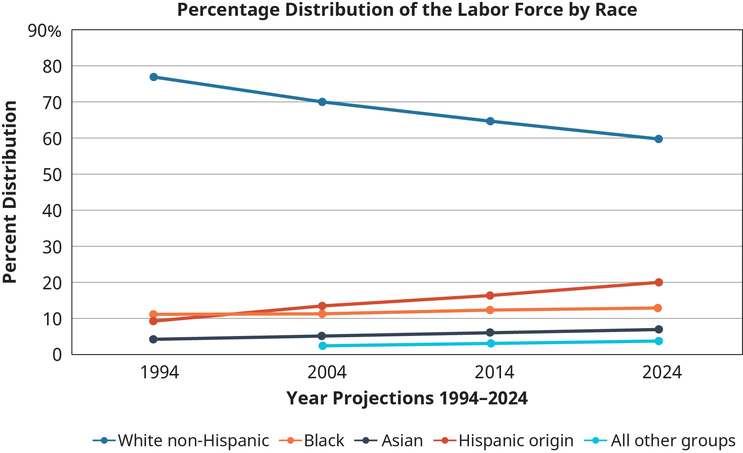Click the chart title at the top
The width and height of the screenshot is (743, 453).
[x=407, y=9]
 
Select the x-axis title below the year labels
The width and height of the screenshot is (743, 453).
[x=407, y=397]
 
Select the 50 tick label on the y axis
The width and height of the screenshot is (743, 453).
[x=51, y=174]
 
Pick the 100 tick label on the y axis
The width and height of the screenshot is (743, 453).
[x=43, y=31]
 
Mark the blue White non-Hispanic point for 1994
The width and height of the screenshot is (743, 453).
[x=154, y=77]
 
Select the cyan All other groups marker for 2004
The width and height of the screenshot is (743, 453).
[x=323, y=345]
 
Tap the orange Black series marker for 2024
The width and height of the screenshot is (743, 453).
[x=658, y=308]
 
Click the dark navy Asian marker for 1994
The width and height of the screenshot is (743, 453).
[x=154, y=339]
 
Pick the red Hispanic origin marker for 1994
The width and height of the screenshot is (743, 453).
[x=154, y=321]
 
